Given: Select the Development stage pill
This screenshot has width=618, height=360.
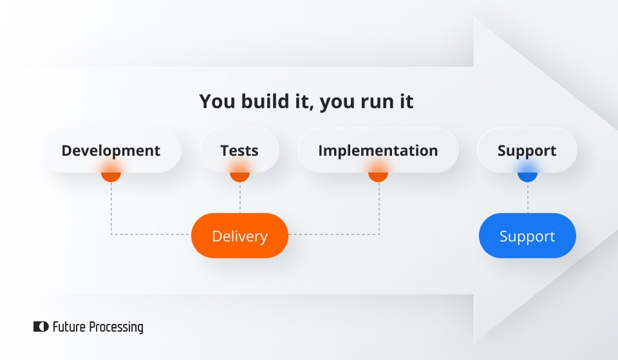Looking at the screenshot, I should [111, 151].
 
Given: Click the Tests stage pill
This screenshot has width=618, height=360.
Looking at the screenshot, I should [239, 151].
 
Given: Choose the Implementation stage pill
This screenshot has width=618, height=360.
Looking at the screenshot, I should [378, 151].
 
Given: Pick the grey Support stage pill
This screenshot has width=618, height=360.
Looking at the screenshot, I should [527, 151].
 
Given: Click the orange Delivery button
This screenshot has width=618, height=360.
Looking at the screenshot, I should [239, 236].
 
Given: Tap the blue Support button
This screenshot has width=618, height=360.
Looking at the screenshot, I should [527, 236].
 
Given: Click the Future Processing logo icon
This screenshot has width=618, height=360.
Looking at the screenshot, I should [41, 327].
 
